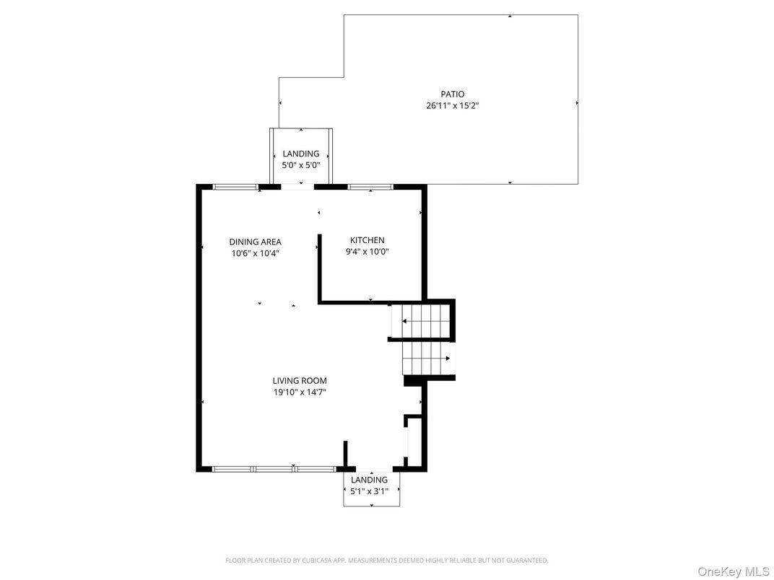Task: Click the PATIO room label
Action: pyautogui.click(x=452, y=94)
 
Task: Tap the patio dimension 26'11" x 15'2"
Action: pyautogui.click(x=452, y=105)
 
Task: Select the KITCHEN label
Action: pyautogui.click(x=367, y=240)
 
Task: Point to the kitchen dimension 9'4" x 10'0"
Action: pyautogui.click(x=367, y=252)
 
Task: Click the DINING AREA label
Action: pyautogui.click(x=255, y=242)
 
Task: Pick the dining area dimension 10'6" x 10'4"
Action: pyautogui.click(x=255, y=253)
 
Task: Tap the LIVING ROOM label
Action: pyautogui.click(x=299, y=380)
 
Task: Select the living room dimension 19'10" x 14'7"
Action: pyautogui.click(x=299, y=392)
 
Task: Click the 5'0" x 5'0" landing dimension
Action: pyautogui.click(x=300, y=165)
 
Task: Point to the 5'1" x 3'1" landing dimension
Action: pyautogui.click(x=369, y=491)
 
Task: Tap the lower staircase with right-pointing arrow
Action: pyautogui.click(x=427, y=358)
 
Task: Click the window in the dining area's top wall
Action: pyautogui.click(x=235, y=187)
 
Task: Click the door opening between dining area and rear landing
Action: pyautogui.click(x=297, y=187)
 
